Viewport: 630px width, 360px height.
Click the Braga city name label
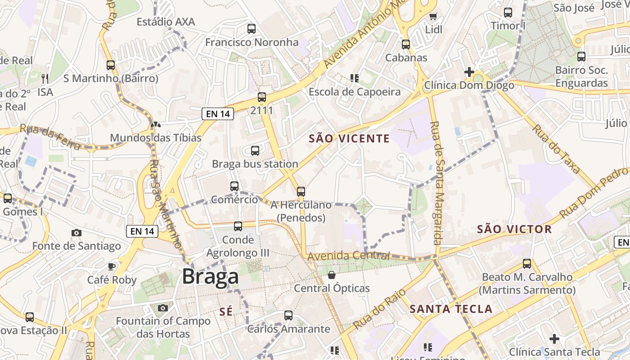(210, 276)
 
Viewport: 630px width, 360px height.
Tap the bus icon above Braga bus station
(255, 151)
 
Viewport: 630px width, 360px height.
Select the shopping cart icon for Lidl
(433, 17)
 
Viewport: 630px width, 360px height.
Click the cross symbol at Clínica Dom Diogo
(469, 72)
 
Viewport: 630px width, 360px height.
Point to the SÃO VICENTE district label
(349, 139)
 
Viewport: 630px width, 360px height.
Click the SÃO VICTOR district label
(514, 229)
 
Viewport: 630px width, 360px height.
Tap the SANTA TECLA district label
(451, 309)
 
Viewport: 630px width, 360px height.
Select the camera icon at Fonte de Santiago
(76, 233)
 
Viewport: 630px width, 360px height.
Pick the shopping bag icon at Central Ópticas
(332, 274)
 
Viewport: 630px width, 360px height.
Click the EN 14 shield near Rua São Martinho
(143, 231)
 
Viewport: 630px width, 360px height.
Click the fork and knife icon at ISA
(45, 79)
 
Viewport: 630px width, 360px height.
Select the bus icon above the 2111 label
(261, 97)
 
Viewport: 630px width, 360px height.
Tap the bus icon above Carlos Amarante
(288, 315)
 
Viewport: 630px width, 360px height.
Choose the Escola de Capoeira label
(354, 92)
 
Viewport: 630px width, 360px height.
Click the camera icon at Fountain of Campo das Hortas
(163, 308)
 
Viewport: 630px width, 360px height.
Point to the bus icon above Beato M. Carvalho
(527, 264)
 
